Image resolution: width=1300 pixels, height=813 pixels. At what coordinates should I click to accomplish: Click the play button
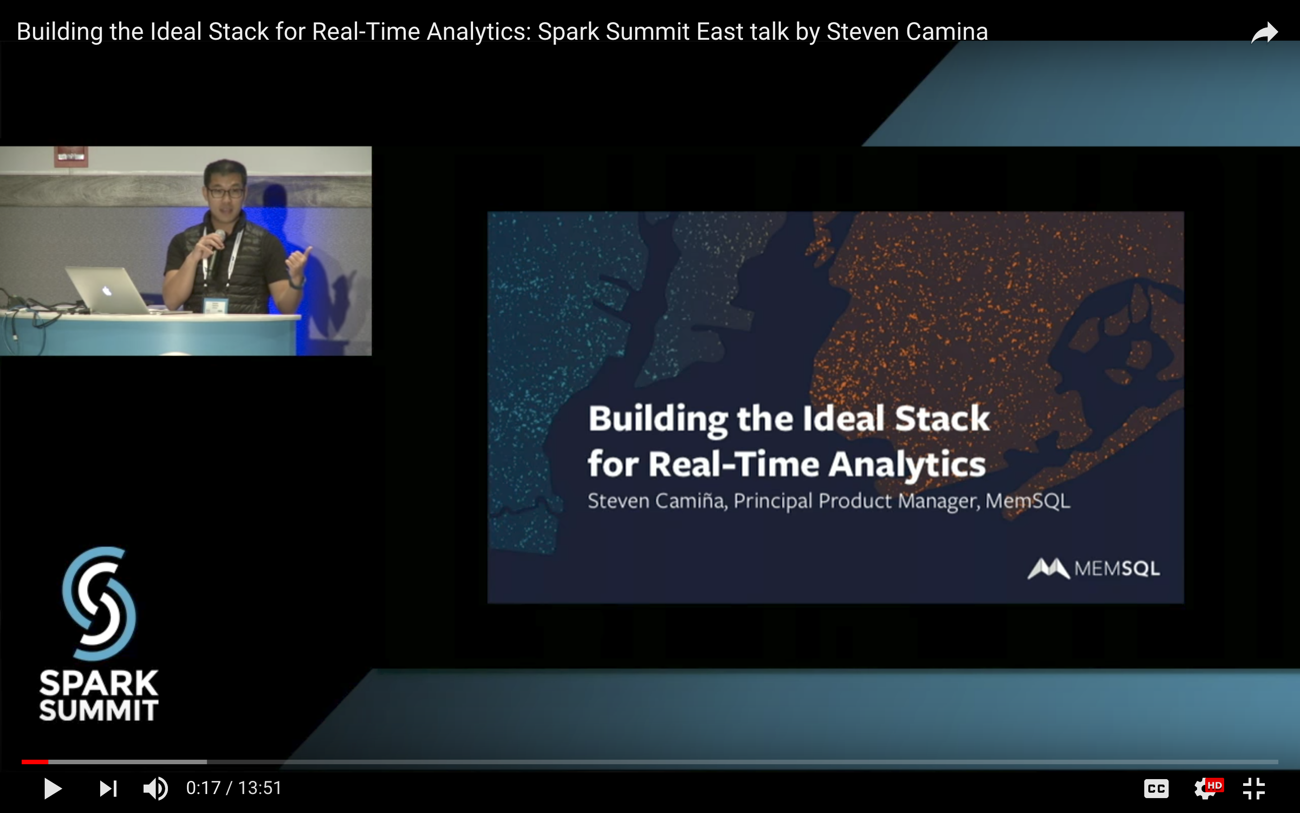(x=53, y=788)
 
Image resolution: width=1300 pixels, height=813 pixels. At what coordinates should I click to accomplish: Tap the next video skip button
(x=108, y=789)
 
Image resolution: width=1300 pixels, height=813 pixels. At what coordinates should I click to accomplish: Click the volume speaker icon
(x=155, y=789)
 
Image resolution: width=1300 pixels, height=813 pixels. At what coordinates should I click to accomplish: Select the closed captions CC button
(x=1156, y=789)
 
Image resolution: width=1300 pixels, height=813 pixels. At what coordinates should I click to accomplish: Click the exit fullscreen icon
(x=1254, y=789)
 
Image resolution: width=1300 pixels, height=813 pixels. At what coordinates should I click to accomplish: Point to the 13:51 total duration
(x=260, y=788)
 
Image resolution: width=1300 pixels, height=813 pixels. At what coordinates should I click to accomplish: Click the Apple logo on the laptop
(x=107, y=291)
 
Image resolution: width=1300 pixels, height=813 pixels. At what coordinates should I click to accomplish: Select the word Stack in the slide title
(x=942, y=418)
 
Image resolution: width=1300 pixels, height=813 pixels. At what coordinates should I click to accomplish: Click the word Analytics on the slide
(x=907, y=464)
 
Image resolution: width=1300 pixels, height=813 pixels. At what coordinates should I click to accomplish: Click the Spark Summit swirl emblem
(x=99, y=603)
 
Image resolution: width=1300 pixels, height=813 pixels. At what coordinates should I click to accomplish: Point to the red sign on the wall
(x=71, y=156)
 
